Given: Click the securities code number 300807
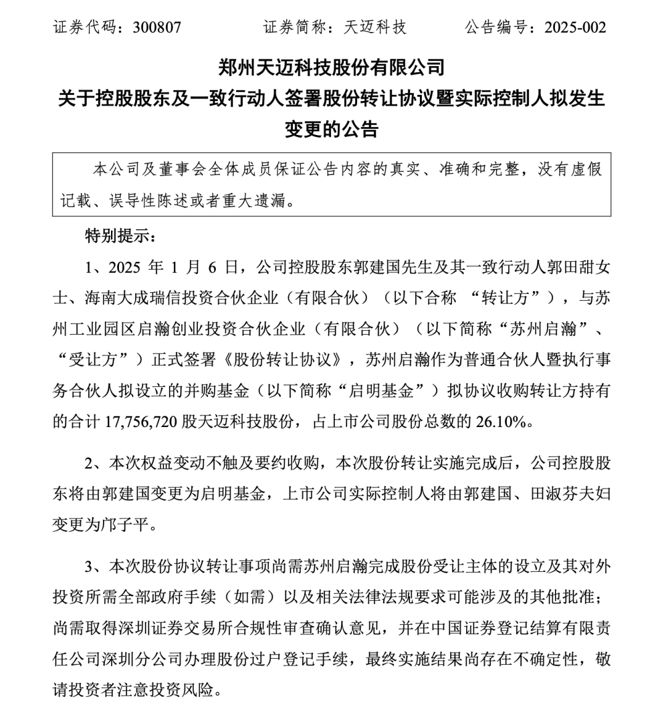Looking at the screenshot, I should click(x=157, y=28).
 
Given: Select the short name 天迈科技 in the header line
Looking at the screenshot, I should click(x=376, y=28).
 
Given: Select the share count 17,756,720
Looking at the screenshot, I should click(x=142, y=422).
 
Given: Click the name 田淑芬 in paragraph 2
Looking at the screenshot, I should click(x=553, y=494).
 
